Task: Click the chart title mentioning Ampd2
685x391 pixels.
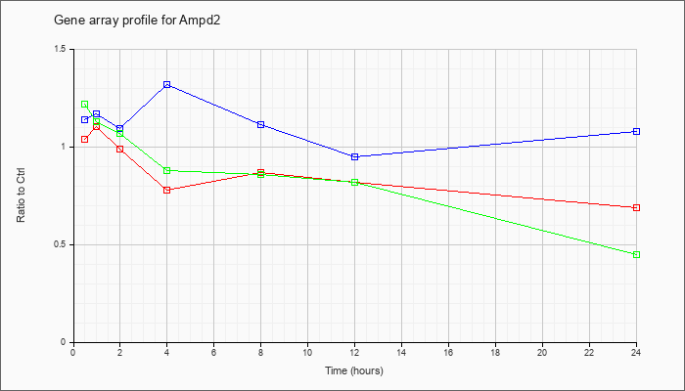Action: click(x=137, y=21)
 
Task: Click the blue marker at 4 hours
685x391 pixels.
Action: click(x=167, y=85)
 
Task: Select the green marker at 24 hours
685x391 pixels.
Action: click(x=636, y=254)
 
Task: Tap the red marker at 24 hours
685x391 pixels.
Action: click(x=636, y=207)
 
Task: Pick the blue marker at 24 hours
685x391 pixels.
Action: click(x=636, y=131)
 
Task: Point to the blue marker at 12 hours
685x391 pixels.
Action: click(x=354, y=156)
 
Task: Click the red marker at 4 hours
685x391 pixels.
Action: click(x=167, y=190)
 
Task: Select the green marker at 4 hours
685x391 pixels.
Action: click(x=167, y=171)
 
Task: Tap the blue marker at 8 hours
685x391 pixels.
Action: click(x=261, y=125)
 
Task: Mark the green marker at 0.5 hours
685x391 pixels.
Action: click(x=85, y=105)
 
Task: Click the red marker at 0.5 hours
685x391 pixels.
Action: click(x=85, y=139)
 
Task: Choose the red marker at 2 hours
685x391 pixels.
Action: click(x=119, y=149)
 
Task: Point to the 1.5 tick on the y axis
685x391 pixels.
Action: click(x=71, y=49)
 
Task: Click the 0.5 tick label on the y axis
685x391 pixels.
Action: click(x=61, y=244)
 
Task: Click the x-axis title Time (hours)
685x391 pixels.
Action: click(x=354, y=370)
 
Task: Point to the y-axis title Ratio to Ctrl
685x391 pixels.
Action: click(x=21, y=195)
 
